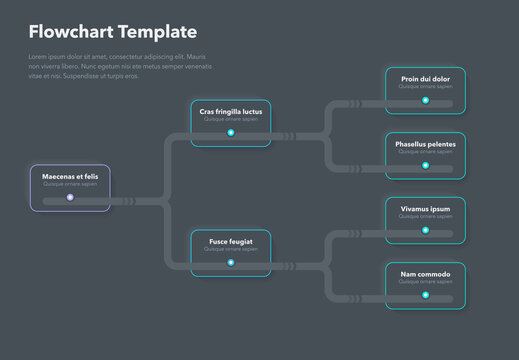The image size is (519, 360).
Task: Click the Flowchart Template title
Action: pyautogui.click(x=113, y=32)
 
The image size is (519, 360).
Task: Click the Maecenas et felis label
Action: pyautogui.click(x=70, y=176)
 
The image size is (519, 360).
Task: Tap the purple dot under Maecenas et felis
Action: pyautogui.click(x=70, y=197)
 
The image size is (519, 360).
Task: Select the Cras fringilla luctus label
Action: pyautogui.click(x=230, y=111)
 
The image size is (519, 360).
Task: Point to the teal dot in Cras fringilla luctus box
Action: pyautogui.click(x=230, y=133)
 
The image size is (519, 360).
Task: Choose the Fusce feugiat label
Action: pyautogui.click(x=230, y=241)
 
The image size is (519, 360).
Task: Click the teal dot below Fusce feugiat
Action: pyautogui.click(x=230, y=263)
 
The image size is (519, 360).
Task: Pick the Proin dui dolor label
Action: pyautogui.click(x=425, y=79)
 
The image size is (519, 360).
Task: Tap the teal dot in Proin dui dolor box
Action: pyautogui.click(x=425, y=100)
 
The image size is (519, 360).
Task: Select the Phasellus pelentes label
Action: pyautogui.click(x=425, y=144)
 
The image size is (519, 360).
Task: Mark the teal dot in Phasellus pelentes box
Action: pyautogui.click(x=425, y=165)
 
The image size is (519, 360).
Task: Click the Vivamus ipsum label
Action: pyautogui.click(x=425, y=209)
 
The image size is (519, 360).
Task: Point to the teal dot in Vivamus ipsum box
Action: pyautogui.click(x=425, y=230)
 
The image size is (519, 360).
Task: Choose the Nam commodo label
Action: pyautogui.click(x=425, y=274)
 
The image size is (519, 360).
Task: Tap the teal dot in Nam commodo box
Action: pyautogui.click(x=425, y=295)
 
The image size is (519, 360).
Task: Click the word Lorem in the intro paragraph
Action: pyautogui.click(x=38, y=57)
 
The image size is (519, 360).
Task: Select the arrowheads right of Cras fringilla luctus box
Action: pyautogui.click(x=287, y=134)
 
